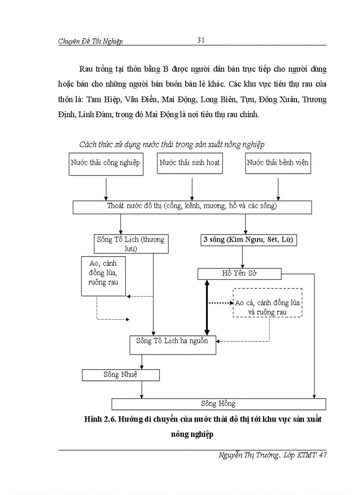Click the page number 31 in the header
[201, 40]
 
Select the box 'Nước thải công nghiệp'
[105, 164]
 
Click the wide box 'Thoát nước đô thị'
[192, 207]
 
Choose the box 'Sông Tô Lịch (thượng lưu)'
[131, 244]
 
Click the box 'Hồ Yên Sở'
[239, 274]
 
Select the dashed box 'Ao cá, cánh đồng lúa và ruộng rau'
[267, 303]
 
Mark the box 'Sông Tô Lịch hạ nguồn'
[172, 345]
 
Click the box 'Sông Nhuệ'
[120, 375]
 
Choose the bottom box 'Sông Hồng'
[218, 404]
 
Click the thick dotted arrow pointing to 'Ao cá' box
[221, 303]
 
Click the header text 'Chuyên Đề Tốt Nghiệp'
[90, 41]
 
